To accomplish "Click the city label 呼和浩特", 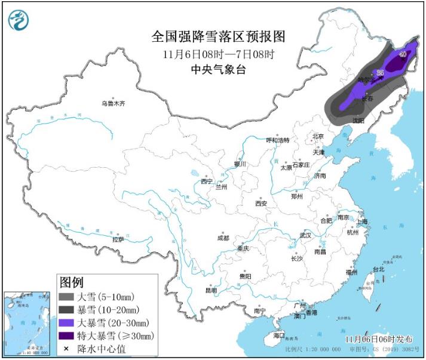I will [x=277, y=140].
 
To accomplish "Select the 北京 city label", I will [x=317, y=136].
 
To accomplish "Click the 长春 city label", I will [x=368, y=99].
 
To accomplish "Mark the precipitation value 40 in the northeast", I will [x=403, y=54].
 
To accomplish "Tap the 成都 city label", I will [x=222, y=238].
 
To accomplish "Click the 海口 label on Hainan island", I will [x=279, y=336].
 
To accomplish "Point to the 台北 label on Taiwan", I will [x=378, y=269].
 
